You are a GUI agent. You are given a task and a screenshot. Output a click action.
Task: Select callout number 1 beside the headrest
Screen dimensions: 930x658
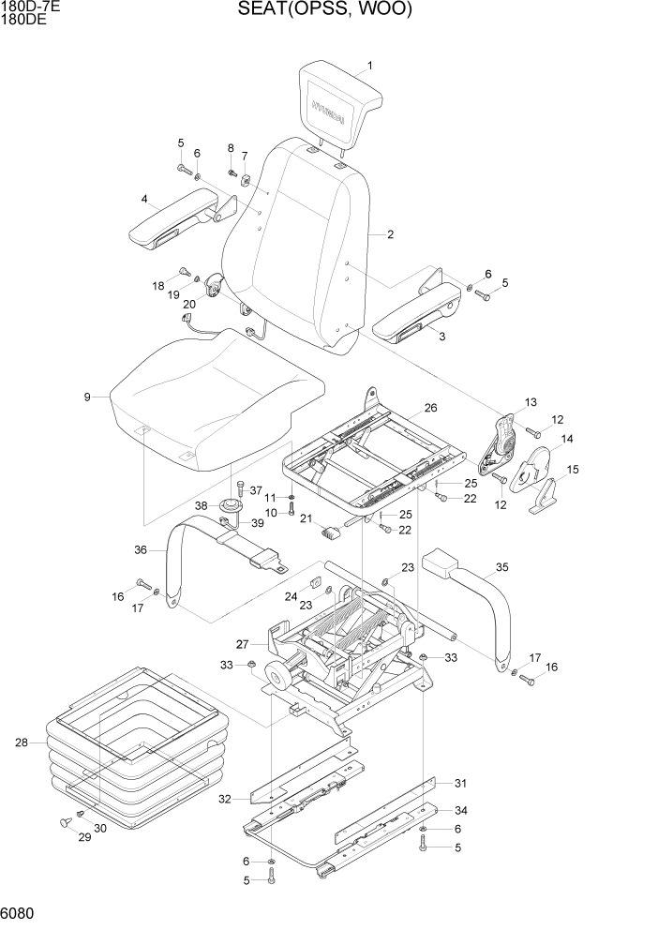[x=370, y=66]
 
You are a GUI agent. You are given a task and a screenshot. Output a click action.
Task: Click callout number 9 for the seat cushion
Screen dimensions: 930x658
[x=87, y=397]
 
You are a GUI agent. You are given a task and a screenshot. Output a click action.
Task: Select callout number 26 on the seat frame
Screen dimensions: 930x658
[x=430, y=408]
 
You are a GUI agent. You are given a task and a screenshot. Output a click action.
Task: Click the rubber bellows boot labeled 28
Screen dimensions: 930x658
[x=131, y=741]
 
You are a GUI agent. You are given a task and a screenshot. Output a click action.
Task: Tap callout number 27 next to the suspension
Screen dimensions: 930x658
[x=242, y=644]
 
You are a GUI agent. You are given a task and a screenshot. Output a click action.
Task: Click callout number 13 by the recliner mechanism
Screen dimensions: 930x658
[x=531, y=402]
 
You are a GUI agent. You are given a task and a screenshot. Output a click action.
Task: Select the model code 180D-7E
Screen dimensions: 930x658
[x=25, y=7]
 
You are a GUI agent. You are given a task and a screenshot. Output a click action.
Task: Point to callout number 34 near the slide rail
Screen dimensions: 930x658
[x=459, y=810]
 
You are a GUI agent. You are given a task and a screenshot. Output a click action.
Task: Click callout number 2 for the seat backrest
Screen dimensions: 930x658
[x=389, y=234]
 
